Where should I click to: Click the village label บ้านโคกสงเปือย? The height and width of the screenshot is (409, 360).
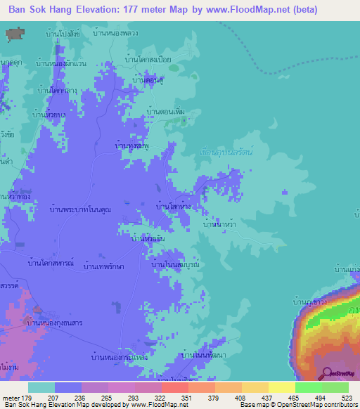(x=148, y=61)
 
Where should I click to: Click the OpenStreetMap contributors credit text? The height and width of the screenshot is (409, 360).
(x=314, y=405)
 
